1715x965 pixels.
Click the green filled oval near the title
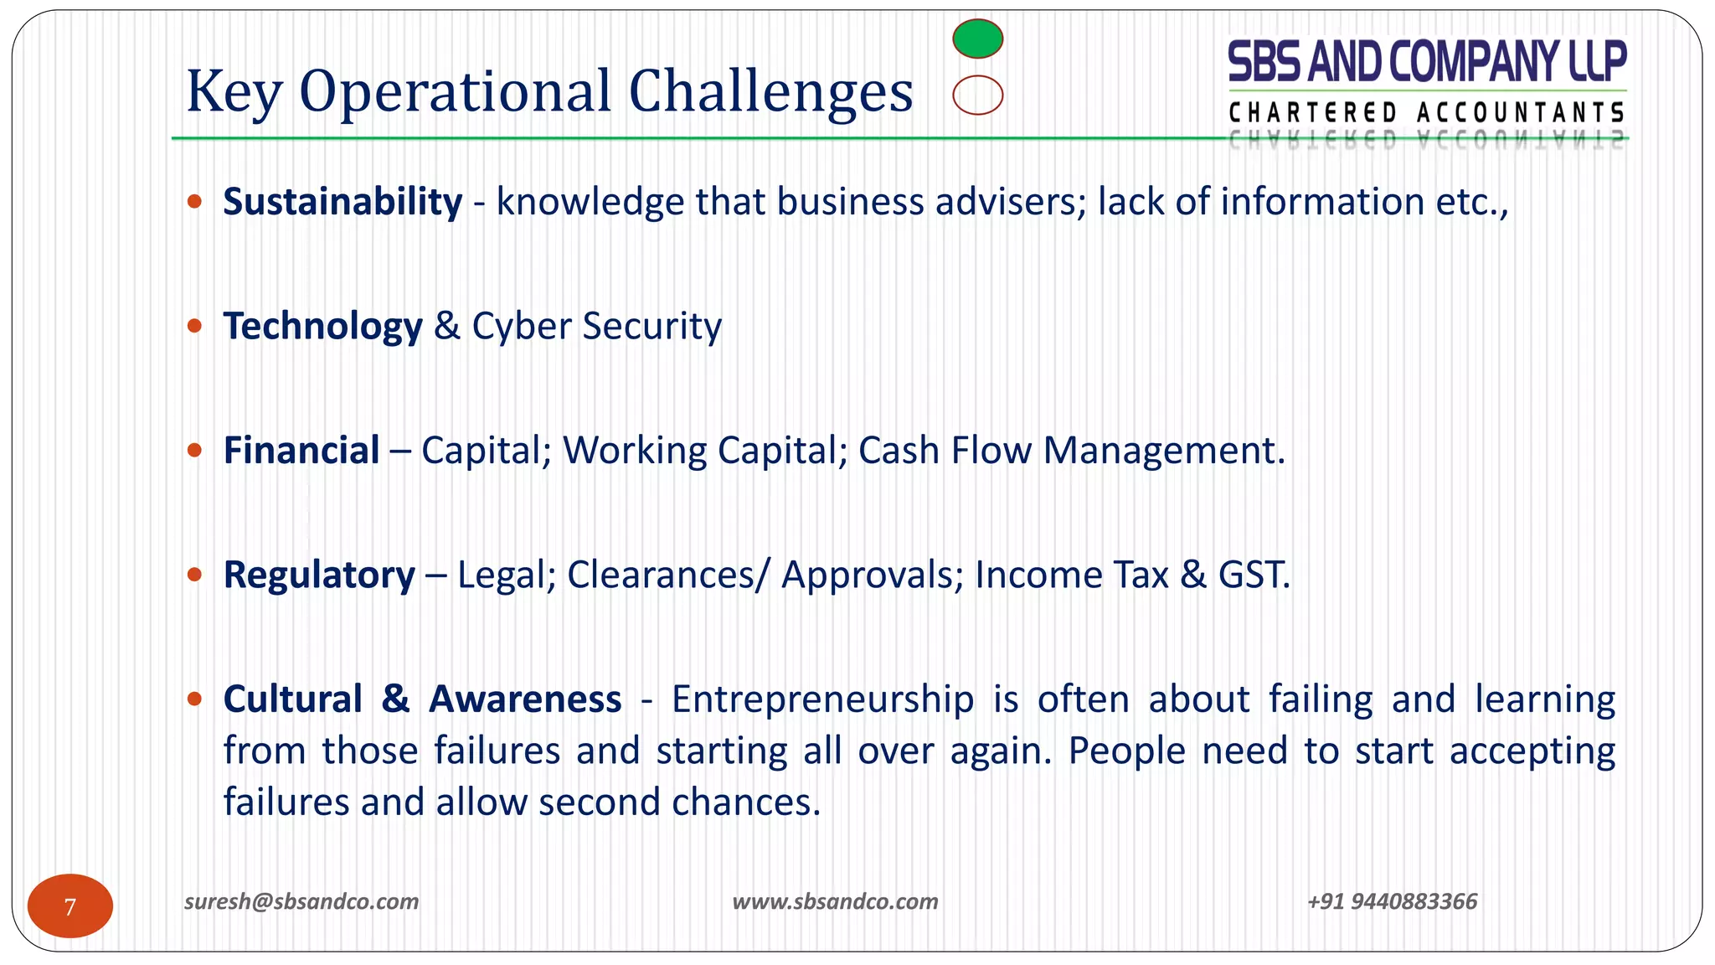tap(977, 39)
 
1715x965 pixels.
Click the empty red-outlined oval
tap(977, 95)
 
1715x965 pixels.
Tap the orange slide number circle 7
tap(70, 906)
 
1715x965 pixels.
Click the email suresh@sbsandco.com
tap(301, 901)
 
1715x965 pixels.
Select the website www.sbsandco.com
tap(835, 901)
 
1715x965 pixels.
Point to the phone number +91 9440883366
tap(1392, 901)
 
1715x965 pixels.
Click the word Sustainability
tap(342, 202)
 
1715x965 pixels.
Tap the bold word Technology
tap(322, 326)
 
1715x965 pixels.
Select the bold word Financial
tap(301, 451)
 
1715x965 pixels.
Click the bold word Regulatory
tap(319, 575)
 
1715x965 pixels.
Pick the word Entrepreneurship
tap(822, 699)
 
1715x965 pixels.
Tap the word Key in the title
tap(234, 92)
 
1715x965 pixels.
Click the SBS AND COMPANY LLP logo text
tap(1426, 62)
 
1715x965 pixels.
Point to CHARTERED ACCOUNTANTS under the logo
tap(1426, 112)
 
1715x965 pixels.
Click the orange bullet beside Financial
tap(195, 451)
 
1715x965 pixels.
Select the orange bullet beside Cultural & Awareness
tap(195, 699)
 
